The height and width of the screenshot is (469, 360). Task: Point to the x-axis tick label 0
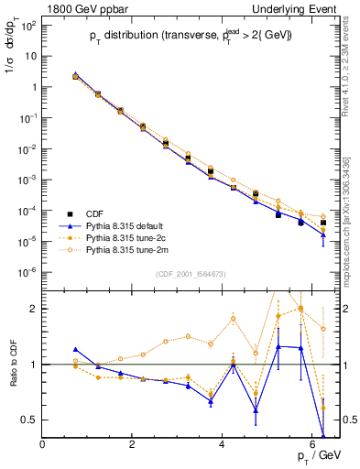click(42, 443)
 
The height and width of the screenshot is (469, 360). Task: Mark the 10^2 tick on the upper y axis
click(27, 25)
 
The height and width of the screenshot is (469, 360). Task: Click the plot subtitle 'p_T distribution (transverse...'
click(191, 37)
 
